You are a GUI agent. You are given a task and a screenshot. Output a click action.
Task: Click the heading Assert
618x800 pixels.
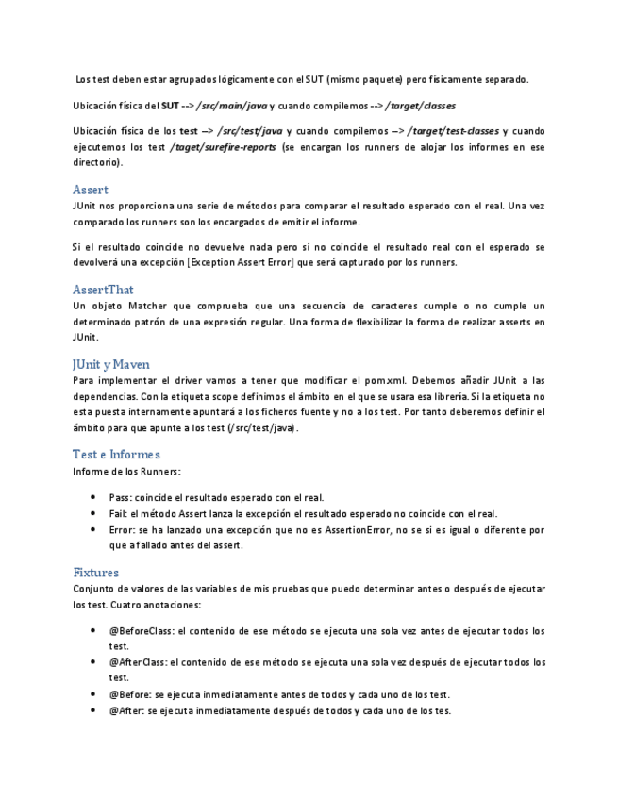[91, 190]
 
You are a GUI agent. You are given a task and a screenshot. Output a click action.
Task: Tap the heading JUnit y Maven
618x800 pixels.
[111, 364]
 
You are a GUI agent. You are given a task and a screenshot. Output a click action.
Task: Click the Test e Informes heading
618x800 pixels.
[116, 454]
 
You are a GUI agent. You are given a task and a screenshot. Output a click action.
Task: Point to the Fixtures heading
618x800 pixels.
[95, 572]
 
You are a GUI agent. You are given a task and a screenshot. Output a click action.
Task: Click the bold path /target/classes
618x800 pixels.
[420, 106]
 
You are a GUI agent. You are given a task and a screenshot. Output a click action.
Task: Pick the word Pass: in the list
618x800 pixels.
[120, 497]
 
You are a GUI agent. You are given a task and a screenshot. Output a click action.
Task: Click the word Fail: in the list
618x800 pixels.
[119, 514]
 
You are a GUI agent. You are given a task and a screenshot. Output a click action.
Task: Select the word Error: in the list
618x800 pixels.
[123, 530]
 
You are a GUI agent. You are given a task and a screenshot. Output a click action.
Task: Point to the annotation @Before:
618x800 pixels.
[126, 694]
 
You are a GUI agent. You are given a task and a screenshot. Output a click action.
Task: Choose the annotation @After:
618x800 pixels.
[123, 710]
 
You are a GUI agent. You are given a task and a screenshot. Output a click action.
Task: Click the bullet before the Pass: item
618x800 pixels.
[92, 497]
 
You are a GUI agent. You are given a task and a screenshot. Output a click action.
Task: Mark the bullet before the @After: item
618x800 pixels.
[92, 710]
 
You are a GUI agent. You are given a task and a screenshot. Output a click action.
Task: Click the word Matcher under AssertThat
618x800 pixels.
[145, 306]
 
